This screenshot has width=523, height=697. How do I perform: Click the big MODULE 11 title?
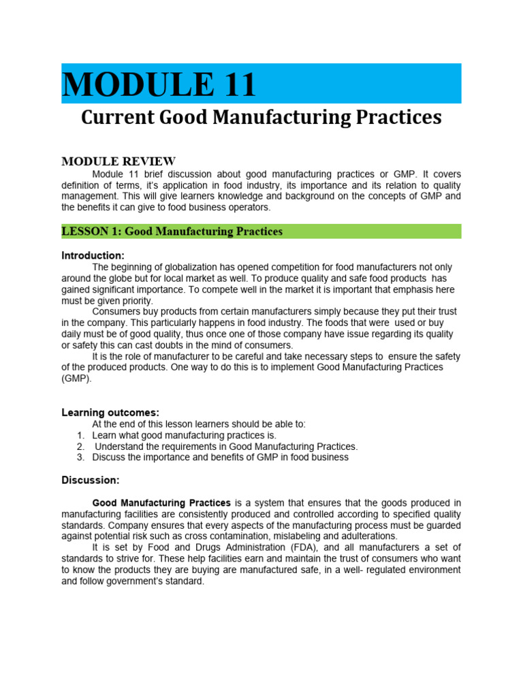tap(159, 84)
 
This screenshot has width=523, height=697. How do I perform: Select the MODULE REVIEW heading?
tap(118, 161)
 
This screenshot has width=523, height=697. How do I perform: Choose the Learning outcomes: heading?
tap(110, 412)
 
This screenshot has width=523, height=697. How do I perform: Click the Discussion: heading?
tap(91, 480)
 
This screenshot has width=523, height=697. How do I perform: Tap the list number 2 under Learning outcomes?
tap(80, 447)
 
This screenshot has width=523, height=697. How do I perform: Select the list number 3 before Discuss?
tap(80, 457)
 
